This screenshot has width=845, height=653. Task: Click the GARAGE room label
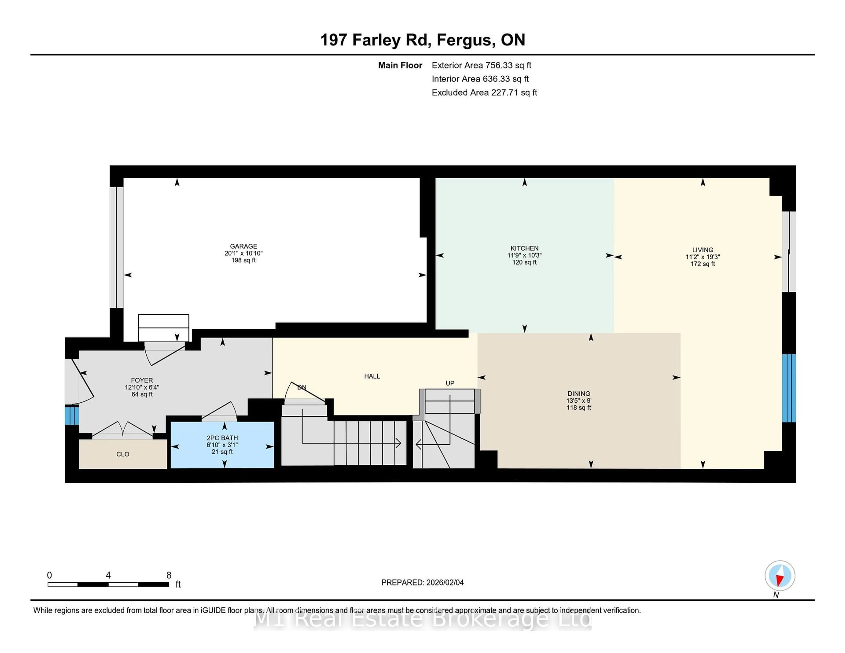pyautogui.click(x=243, y=246)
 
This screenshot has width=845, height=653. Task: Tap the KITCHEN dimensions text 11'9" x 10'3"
pyautogui.click(x=524, y=255)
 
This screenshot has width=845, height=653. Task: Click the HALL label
pyautogui.click(x=372, y=376)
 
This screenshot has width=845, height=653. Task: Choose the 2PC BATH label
pyautogui.click(x=222, y=438)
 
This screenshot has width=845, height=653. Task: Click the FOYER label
pyautogui.click(x=142, y=380)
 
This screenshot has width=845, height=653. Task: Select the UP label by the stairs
pyautogui.click(x=450, y=383)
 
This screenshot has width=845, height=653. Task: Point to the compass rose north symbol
pyautogui.click(x=780, y=576)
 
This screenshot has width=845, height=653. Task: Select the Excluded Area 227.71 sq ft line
pyautogui.click(x=484, y=92)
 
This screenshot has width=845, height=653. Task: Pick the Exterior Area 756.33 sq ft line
pyautogui.click(x=481, y=65)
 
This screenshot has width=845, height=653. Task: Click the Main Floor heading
pyautogui.click(x=400, y=65)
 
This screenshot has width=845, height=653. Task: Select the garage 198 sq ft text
pyautogui.click(x=243, y=260)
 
